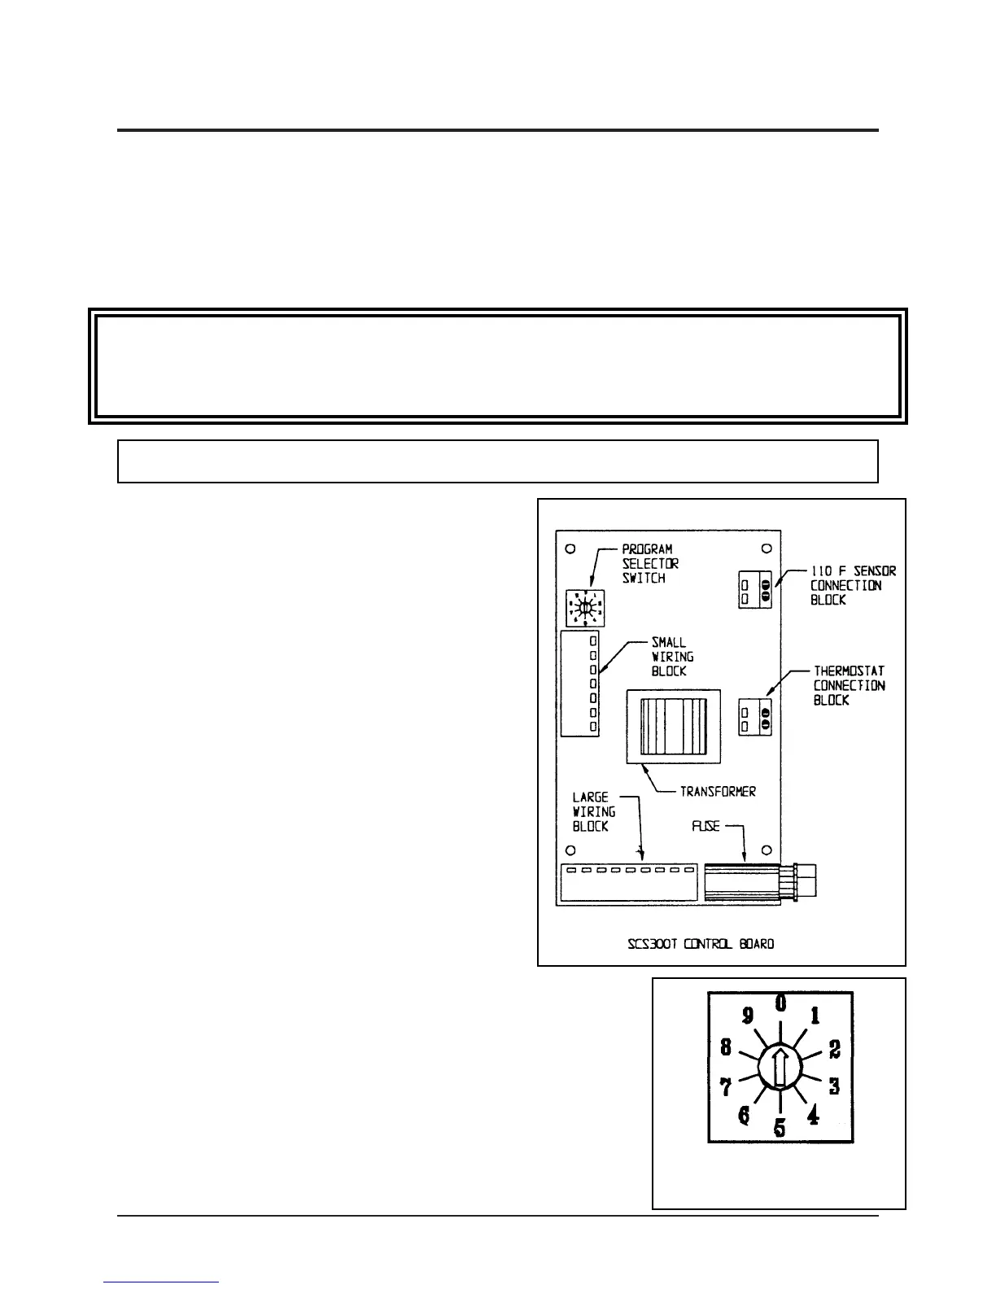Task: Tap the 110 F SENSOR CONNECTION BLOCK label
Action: tap(852, 585)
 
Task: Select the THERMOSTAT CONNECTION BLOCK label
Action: tap(849, 685)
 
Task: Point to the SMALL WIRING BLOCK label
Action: tap(672, 657)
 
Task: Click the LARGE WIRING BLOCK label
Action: tap(594, 811)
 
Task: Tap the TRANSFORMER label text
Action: tap(718, 791)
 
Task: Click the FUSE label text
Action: tap(705, 826)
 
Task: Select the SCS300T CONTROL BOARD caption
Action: tap(701, 944)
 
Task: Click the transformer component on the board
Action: tap(673, 726)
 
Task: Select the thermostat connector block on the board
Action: tap(755, 717)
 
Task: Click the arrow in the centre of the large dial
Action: tap(780, 1068)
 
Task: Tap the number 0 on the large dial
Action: tap(780, 1003)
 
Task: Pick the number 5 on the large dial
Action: tap(780, 1129)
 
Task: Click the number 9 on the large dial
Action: tap(746, 1016)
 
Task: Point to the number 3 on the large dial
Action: tap(834, 1086)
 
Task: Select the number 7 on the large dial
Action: tap(725, 1086)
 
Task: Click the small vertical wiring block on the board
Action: tap(580, 684)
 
